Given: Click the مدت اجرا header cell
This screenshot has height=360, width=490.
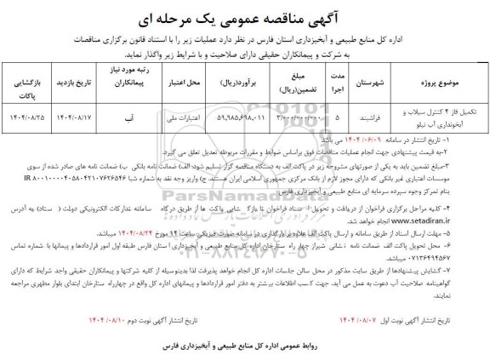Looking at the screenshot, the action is pyautogui.click(x=316, y=86).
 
